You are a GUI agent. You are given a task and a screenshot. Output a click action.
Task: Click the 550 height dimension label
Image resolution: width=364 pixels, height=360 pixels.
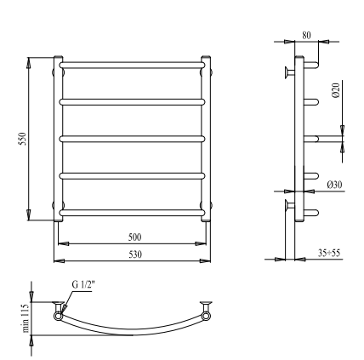point(23,139)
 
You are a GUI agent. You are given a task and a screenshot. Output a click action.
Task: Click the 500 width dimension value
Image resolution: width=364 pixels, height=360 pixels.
point(134,237)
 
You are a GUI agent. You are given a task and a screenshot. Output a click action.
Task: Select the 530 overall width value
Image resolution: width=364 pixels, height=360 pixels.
point(135,254)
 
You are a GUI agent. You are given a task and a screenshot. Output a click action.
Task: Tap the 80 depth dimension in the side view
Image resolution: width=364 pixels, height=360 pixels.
point(306,35)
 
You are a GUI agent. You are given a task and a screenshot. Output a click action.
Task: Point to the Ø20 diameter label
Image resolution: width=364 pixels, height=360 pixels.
point(336,90)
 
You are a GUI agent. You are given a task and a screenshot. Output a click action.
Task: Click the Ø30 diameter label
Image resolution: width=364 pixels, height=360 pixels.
point(334,185)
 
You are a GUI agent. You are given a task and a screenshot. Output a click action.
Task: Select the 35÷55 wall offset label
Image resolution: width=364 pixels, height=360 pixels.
point(329,253)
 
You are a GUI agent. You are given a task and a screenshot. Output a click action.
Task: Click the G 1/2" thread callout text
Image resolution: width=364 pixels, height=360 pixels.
point(82,285)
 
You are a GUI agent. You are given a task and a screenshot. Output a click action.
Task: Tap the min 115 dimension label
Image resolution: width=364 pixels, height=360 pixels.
point(26,318)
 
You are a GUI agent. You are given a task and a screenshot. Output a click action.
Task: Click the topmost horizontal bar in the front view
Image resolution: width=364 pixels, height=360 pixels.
point(132,66)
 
